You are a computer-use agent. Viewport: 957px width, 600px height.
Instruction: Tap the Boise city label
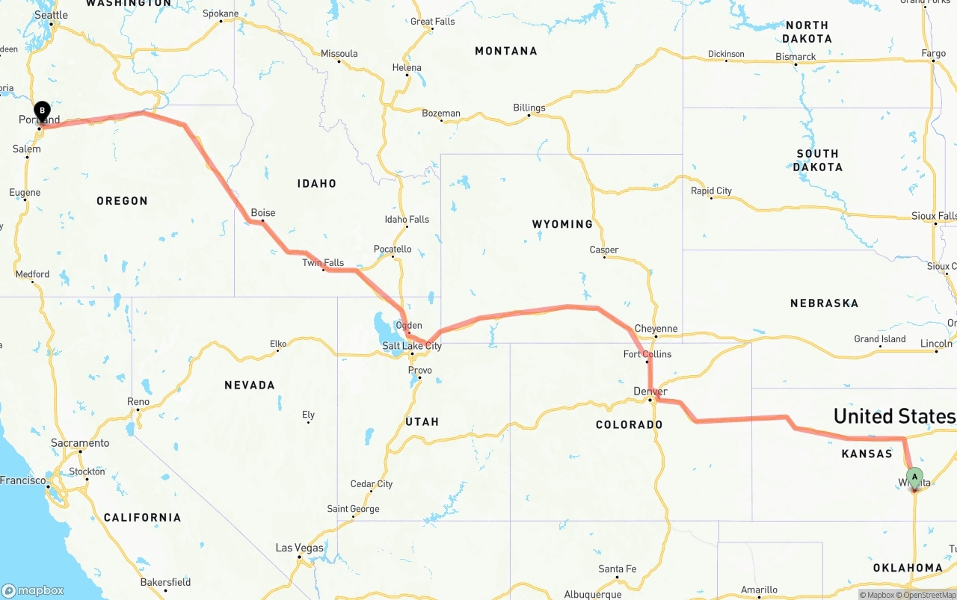[262, 213]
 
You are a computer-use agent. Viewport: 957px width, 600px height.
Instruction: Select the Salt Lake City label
[412, 346]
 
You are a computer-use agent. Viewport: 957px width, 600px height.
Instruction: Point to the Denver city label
[650, 392]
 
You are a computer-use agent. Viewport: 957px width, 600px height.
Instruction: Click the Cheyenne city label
[656, 329]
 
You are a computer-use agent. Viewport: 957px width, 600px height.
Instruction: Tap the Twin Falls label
[323, 263]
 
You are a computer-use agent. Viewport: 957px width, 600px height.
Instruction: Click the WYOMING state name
[562, 224]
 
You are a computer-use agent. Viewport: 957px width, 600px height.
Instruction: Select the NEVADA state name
[250, 385]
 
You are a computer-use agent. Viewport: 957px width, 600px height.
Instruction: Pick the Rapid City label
[711, 191]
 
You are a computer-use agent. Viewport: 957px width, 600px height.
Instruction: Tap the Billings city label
[529, 108]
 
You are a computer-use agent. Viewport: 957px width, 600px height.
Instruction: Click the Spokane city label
[221, 13]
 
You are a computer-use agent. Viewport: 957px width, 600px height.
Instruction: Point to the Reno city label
[138, 402]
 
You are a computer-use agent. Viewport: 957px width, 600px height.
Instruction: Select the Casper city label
[604, 250]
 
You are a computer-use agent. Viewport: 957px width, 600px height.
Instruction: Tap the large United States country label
[894, 416]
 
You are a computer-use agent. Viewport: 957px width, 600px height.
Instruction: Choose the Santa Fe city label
[617, 569]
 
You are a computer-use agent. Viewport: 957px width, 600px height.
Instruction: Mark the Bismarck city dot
[796, 64]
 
